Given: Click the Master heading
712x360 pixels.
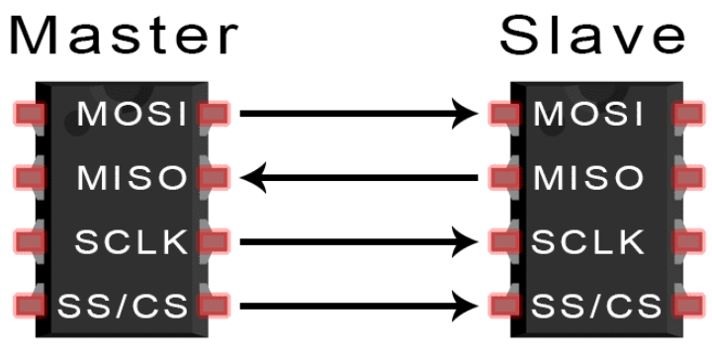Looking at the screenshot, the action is coord(124,36).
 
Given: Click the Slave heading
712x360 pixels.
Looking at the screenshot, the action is coord(592,35).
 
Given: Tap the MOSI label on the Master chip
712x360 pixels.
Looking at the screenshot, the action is coord(132,114).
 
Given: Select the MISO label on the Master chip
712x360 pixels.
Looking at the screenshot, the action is coord(132,177).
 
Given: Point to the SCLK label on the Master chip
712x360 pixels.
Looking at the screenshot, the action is coord(132,241).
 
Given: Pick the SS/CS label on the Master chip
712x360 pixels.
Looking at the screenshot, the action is coord(123,306).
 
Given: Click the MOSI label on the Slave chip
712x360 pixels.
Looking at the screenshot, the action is coord(588,114).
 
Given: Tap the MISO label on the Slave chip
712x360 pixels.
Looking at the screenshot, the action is coord(588,177).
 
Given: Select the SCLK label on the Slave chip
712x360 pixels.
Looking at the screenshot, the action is coord(587,241).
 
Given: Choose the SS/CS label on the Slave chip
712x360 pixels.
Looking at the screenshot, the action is coord(596,306).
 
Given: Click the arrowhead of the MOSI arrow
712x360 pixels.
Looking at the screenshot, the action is coord(467,114).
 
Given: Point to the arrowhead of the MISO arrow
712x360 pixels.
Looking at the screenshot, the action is coord(252,177).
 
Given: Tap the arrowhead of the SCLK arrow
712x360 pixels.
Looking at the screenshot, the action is coord(467,241).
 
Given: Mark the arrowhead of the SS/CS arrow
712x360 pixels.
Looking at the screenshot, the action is coord(467,306).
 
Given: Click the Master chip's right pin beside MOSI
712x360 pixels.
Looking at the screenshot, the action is coord(214,114).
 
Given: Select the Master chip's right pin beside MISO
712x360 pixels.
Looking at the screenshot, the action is coord(214,177).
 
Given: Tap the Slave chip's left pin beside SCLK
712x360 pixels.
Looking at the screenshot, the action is coord(505,241).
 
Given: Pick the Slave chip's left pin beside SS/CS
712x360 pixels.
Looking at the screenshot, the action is coord(505,306).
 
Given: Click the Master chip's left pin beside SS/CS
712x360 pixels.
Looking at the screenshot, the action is coord(30,306).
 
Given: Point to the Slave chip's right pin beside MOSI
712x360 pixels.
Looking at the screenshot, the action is coord(689,114).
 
